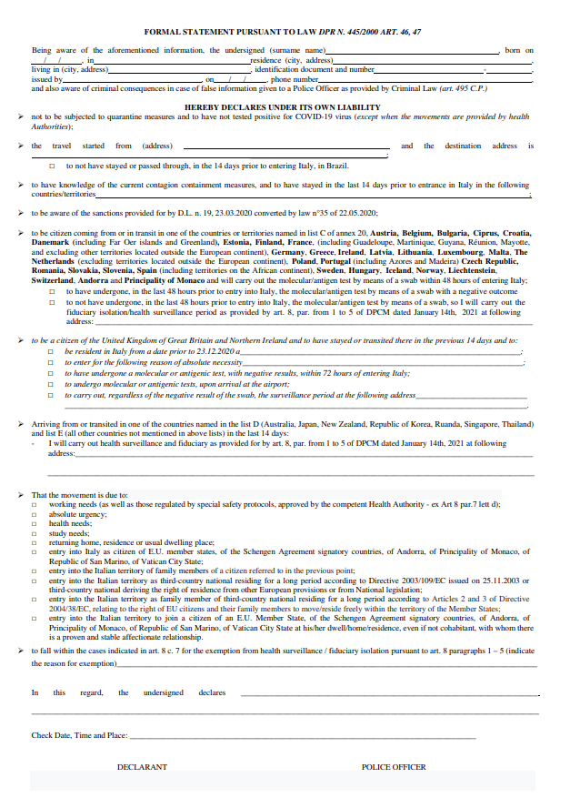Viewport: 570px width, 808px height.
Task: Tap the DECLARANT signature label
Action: [142, 767]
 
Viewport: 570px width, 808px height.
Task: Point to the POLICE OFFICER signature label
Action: [394, 767]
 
